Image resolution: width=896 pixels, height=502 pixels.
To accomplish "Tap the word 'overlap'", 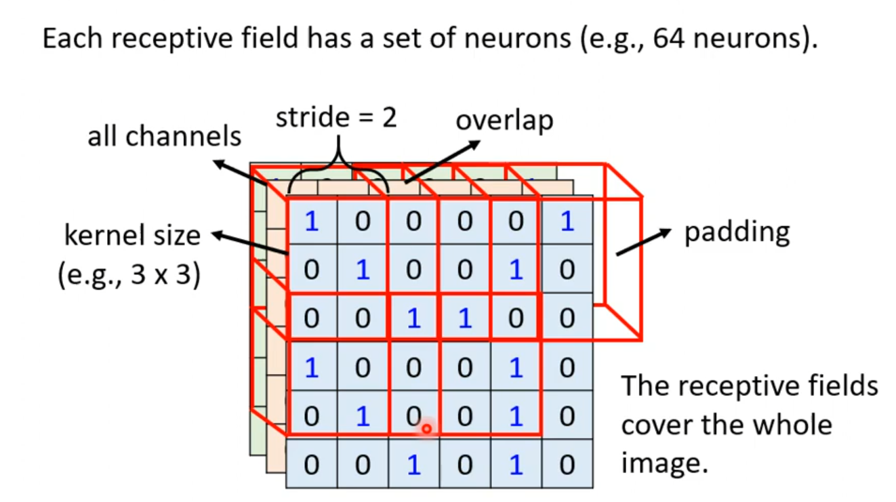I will coord(504,120).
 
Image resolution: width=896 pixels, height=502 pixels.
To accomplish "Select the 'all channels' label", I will coord(164,136).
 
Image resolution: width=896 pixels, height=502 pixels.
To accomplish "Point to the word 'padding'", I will coord(737,232).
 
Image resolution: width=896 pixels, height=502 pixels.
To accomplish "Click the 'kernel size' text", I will coord(132,235).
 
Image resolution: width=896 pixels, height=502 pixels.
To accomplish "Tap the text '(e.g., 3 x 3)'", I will coord(129,276).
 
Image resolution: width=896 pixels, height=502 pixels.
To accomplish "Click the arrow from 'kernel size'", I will coord(251,245).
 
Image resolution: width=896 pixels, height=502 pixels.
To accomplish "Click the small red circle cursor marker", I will coord(426,429).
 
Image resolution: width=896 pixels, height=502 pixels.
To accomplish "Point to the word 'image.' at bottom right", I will coord(664,465).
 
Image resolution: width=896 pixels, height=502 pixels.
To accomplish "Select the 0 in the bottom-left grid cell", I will coord(311,465).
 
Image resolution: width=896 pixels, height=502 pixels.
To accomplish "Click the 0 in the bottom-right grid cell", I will coord(567,465).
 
